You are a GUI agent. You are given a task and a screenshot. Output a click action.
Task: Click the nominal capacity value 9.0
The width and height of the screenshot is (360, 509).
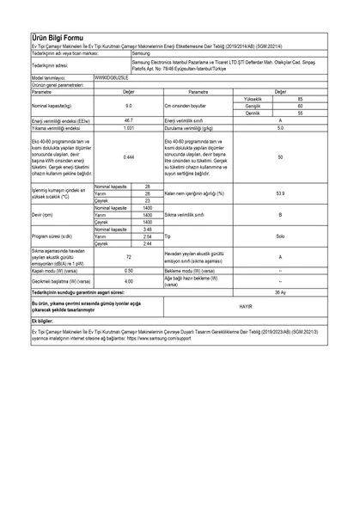(128, 106)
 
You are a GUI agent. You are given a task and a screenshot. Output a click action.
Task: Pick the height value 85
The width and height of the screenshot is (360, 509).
(300, 99)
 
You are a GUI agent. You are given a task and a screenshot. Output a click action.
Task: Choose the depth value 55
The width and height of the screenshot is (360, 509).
(300, 113)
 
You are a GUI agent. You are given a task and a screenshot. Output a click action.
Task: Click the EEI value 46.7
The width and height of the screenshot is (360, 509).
(128, 120)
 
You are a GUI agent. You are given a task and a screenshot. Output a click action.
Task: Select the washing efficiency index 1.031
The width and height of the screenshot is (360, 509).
(128, 127)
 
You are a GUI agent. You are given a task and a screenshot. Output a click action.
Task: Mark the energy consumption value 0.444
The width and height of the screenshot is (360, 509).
(128, 156)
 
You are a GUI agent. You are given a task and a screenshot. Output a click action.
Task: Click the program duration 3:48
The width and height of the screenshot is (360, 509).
(148, 229)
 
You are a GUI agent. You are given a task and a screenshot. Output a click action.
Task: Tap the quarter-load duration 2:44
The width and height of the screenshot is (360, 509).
(148, 242)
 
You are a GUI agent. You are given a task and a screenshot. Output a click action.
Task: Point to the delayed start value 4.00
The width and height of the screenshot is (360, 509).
(128, 281)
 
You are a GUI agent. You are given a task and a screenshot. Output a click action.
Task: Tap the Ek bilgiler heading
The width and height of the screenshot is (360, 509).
(41, 321)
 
